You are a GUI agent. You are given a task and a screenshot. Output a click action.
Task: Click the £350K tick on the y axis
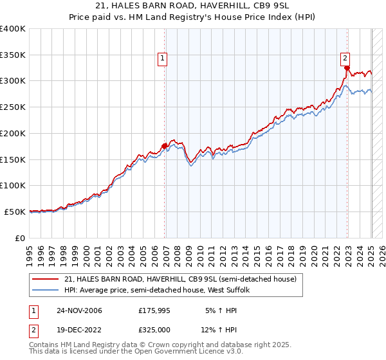pyautogui.click(x=14, y=55)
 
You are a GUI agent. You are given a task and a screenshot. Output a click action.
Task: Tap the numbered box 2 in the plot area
pyautogui.click(x=345, y=57)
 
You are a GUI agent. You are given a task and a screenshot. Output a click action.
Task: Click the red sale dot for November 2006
pyautogui.click(x=165, y=146)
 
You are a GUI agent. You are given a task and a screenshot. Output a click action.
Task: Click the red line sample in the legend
pyautogui.click(x=46, y=279)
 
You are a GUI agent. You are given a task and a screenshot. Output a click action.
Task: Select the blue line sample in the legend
pyautogui.click(x=46, y=291)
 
